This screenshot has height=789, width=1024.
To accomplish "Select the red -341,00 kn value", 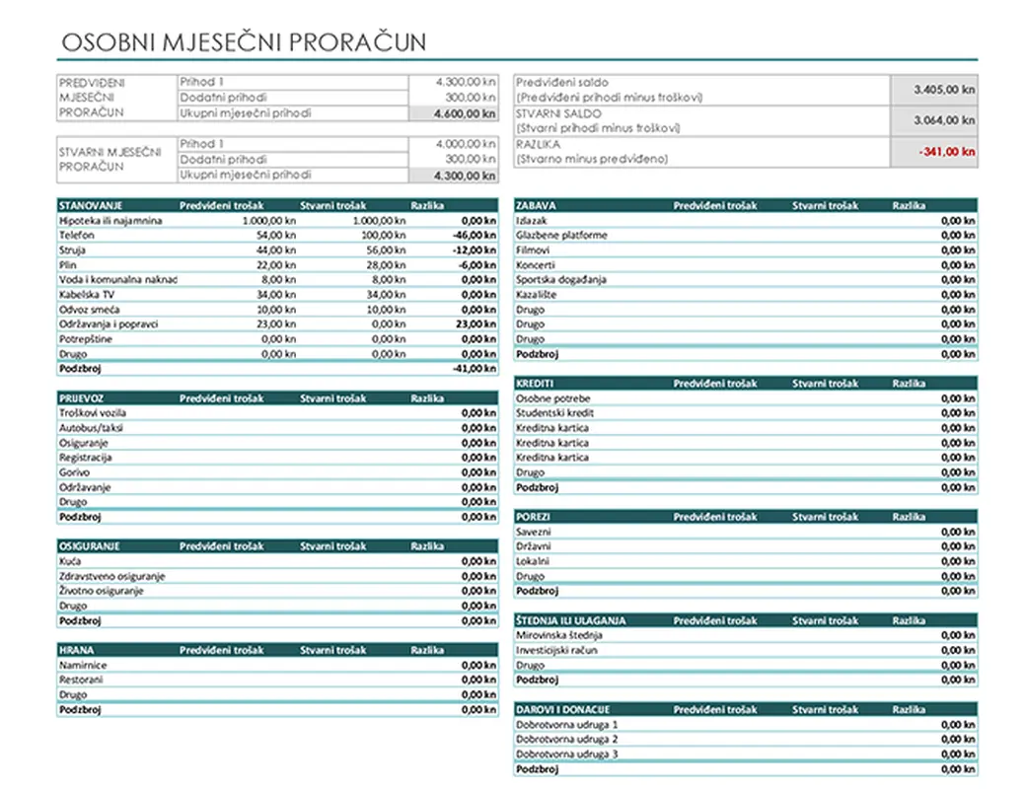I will (x=946, y=152).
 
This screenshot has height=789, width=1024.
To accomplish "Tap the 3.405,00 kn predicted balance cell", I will (x=944, y=89).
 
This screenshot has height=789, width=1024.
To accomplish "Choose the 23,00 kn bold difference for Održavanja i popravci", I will (x=476, y=324).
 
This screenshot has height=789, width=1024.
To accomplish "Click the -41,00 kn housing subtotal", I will (x=474, y=369).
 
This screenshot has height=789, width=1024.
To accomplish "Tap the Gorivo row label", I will (x=74, y=472).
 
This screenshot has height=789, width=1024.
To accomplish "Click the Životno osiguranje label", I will (x=102, y=591).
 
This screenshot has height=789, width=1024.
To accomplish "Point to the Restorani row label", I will (x=81, y=680).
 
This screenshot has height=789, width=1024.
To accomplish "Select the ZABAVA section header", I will (x=536, y=206).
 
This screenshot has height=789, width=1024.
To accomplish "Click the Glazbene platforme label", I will (x=561, y=236).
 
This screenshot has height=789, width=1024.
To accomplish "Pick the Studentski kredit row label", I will (x=554, y=413).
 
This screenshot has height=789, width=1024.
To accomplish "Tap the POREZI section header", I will (x=534, y=517).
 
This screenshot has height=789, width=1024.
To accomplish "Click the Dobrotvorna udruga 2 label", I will (x=566, y=739).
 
